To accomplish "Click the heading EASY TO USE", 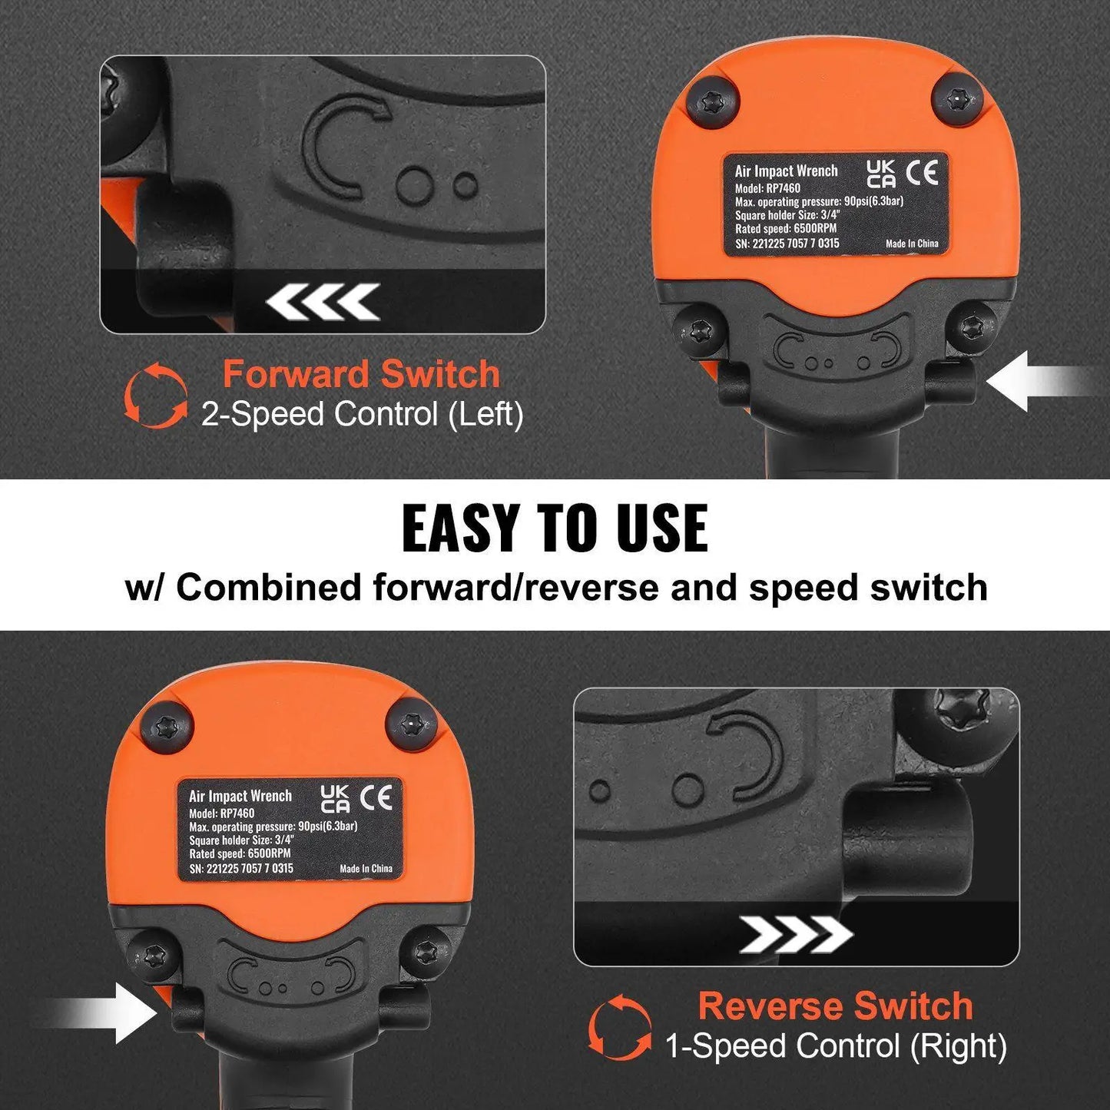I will (x=555, y=528).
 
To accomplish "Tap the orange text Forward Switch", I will (x=361, y=375).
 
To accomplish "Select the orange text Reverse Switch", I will (x=835, y=1006).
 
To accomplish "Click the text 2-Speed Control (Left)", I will (x=362, y=415).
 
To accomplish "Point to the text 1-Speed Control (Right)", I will (x=835, y=1046).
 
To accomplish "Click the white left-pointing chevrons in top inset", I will (x=323, y=302).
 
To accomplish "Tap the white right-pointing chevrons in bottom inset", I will (x=796, y=935).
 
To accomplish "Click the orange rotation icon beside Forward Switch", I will (x=156, y=395).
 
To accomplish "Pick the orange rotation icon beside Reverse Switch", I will (x=620, y=1027).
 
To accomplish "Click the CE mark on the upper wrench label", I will (x=921, y=173).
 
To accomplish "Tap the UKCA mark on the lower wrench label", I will (x=335, y=799).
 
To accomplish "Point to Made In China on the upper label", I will (x=912, y=244).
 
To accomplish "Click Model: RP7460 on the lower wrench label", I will (x=222, y=813).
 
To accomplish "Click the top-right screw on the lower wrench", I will (x=411, y=725).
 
